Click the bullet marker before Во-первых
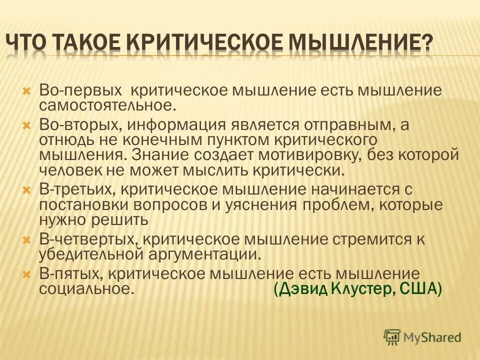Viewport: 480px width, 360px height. [x=27, y=91]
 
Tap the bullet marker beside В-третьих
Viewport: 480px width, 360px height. [x=27, y=189]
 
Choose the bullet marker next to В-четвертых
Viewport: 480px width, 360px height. [x=27, y=239]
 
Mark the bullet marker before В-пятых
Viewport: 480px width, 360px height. [x=27, y=274]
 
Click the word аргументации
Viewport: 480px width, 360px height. [x=204, y=254]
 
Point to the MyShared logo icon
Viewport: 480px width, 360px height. [x=392, y=337]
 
